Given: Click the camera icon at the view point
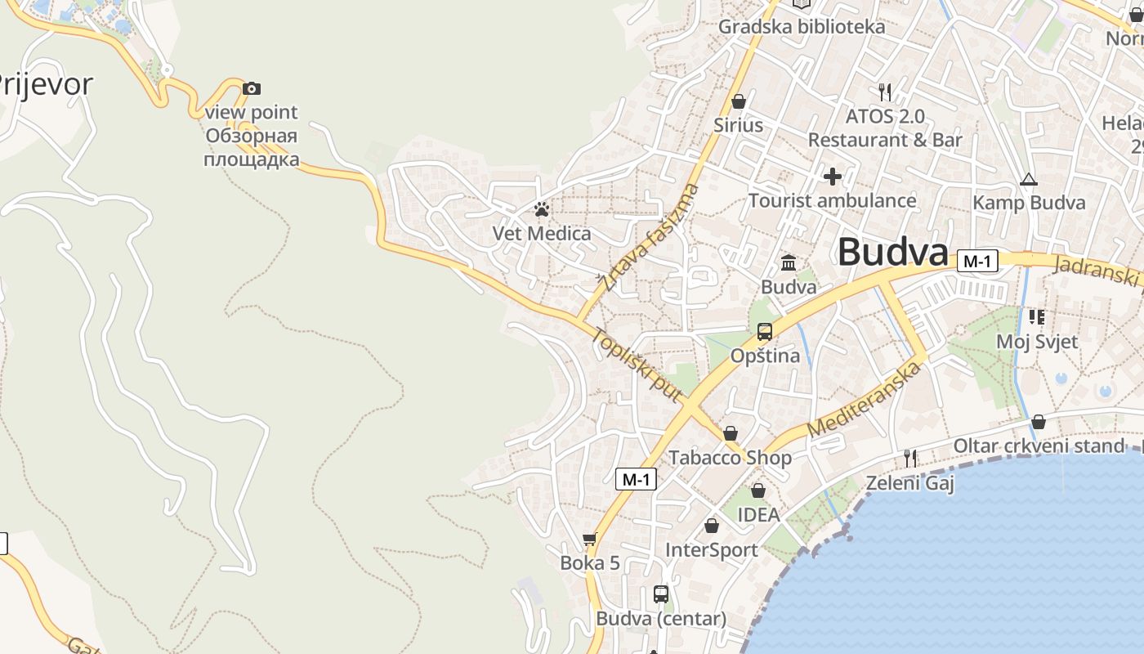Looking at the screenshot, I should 252,88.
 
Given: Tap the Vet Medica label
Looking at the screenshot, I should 541,234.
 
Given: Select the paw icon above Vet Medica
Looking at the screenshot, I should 541,209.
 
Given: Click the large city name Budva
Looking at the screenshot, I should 892,252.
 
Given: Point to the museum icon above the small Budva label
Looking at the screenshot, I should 789,262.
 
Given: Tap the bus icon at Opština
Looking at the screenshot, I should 765,331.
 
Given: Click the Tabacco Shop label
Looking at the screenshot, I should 730,458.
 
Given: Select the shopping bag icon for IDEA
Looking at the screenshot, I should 758,490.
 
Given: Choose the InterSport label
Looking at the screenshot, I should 711,550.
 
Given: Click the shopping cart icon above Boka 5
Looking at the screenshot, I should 590,540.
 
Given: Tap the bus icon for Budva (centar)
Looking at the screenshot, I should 661,594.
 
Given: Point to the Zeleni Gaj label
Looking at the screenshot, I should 909,483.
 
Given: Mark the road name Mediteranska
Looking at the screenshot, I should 865,398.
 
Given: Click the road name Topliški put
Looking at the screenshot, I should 637,365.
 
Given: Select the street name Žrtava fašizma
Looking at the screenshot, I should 650,238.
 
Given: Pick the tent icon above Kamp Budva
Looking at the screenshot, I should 1029,179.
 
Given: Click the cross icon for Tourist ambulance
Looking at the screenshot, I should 833,176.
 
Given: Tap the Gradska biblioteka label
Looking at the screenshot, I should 801,27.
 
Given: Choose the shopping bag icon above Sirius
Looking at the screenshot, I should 739,101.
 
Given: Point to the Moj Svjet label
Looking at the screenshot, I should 1037,342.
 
